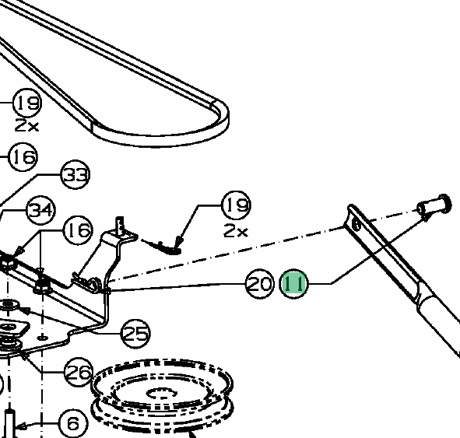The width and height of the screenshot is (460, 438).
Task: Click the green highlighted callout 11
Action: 294,284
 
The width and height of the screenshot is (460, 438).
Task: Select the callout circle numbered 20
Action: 259,284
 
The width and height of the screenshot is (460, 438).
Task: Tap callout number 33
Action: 75,175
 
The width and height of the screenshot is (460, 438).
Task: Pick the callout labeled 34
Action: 40,210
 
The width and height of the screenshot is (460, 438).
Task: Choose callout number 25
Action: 135,334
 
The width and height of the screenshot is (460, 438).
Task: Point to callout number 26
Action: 79,372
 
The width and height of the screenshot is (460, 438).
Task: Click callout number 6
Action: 73,423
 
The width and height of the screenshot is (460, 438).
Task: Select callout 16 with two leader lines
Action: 78,230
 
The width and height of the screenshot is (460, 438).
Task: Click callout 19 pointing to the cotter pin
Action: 237,205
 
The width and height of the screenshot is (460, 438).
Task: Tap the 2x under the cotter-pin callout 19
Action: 236,231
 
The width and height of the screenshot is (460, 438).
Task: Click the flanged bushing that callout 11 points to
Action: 434,206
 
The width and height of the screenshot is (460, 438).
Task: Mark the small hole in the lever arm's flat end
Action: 356,225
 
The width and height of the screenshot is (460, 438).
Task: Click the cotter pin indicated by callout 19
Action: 162,247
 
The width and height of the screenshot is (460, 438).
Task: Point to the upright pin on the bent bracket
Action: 121,226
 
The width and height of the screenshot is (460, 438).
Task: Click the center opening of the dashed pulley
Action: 162,394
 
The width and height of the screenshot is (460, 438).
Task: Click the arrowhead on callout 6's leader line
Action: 20,426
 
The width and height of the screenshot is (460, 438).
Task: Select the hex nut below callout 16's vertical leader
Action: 42,286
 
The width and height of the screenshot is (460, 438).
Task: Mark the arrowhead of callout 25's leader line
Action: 24,310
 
